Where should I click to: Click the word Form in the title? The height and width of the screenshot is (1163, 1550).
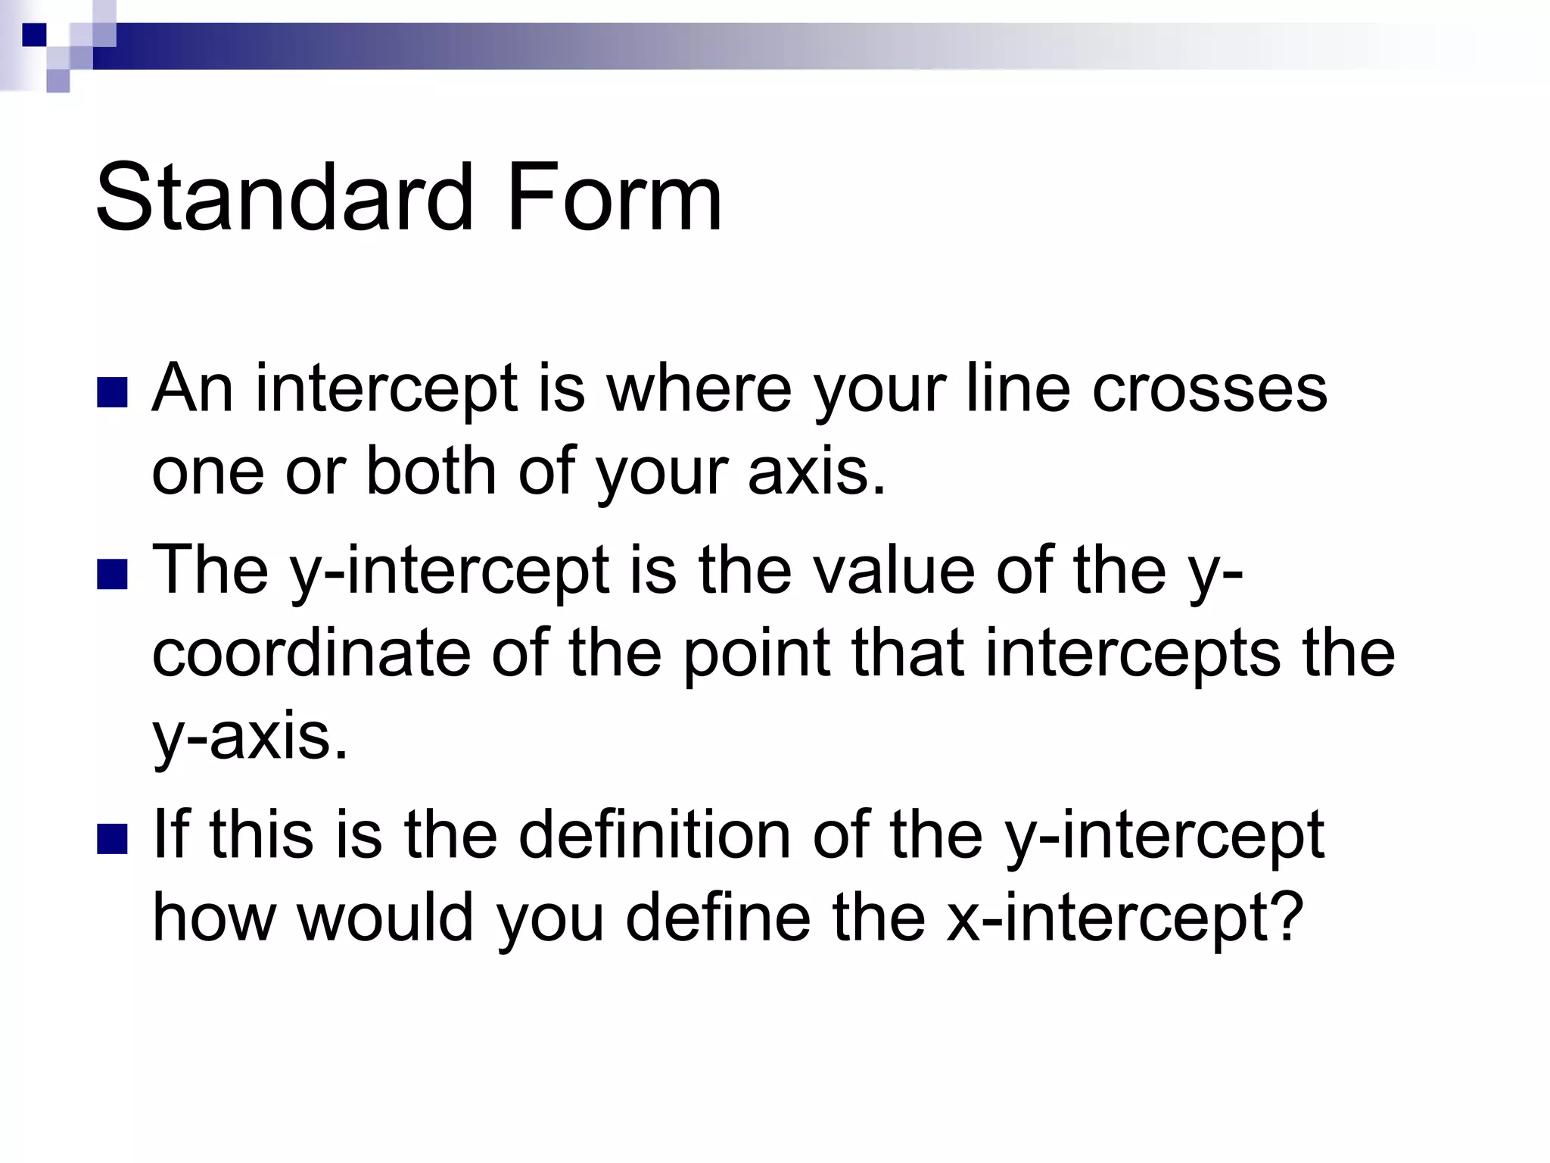[x=614, y=198]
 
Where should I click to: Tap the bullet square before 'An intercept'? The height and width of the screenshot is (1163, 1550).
[x=112, y=392]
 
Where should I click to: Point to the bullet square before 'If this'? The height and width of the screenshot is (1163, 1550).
[x=112, y=838]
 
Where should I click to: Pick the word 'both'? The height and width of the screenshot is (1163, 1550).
[x=431, y=471]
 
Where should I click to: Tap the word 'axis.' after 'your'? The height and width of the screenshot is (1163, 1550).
[x=817, y=471]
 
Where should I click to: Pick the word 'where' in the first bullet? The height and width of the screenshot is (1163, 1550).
[x=701, y=388]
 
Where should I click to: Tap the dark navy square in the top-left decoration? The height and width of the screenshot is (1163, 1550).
[x=34, y=35]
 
